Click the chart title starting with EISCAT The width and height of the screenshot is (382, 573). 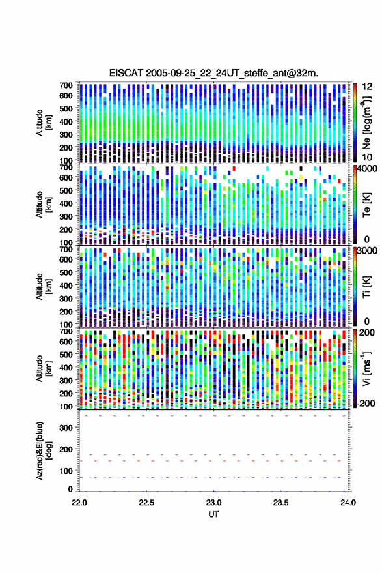(213, 73)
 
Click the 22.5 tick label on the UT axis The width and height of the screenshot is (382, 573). (146, 503)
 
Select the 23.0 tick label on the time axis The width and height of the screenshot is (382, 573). (213, 503)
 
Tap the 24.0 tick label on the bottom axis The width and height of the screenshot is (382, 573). (348, 503)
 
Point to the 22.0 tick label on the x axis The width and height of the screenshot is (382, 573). (79, 503)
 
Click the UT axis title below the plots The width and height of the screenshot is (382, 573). (213, 514)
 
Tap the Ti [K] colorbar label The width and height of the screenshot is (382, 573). (366, 287)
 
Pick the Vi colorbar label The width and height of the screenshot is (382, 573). (366, 368)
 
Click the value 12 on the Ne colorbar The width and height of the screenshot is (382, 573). (367, 87)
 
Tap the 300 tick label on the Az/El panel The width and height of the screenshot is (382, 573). (66, 428)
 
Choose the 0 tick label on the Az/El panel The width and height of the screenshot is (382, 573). (70, 489)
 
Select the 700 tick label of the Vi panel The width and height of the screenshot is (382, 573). (66, 331)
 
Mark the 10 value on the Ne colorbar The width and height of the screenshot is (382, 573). (367, 158)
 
